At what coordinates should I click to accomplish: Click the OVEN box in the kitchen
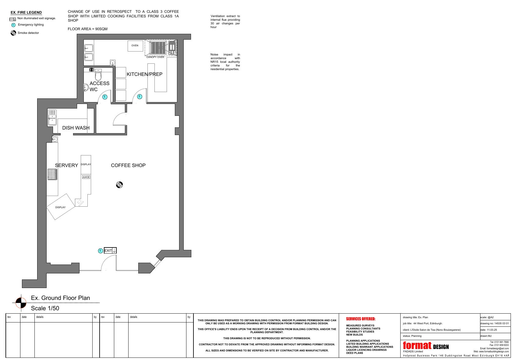click(x=135, y=46)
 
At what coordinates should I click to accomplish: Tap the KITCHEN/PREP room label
click(x=144, y=74)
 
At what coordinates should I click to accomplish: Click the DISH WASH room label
click(x=76, y=128)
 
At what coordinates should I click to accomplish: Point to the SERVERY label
click(x=66, y=165)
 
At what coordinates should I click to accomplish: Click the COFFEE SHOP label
click(x=128, y=165)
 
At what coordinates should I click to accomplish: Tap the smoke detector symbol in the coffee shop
click(x=119, y=184)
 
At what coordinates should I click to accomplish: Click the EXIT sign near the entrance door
click(x=110, y=251)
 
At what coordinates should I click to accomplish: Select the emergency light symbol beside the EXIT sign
click(x=100, y=251)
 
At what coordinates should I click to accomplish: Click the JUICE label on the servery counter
click(x=86, y=177)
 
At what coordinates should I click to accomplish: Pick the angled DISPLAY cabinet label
click(x=60, y=207)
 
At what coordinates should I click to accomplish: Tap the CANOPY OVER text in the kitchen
click(x=155, y=57)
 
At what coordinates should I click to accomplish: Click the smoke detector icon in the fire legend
click(x=13, y=33)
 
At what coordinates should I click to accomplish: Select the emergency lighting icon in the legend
click(x=13, y=25)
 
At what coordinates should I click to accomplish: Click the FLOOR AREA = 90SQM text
click(x=87, y=29)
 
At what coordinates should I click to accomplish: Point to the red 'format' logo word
click(x=417, y=345)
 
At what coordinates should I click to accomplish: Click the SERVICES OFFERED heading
click(x=361, y=319)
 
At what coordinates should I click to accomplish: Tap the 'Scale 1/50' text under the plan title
click(x=45, y=308)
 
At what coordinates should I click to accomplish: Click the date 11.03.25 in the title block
click(x=492, y=330)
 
